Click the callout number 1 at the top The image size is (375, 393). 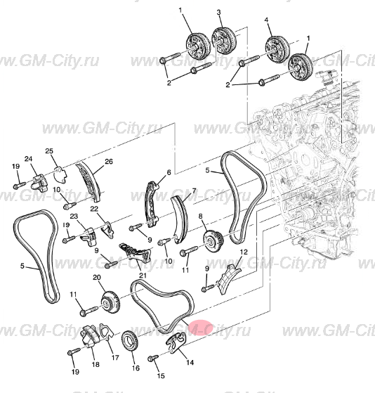[180, 11]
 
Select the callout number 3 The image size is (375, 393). [218, 13]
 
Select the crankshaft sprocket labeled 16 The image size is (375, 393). [130, 342]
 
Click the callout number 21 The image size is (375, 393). [142, 275]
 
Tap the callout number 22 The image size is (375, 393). [94, 209]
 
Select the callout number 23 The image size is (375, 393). [73, 216]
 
